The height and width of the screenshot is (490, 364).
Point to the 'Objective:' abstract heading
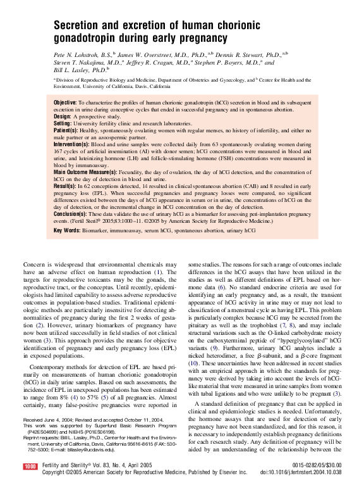[x=65, y=102]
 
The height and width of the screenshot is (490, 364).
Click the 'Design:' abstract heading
[x=62, y=116]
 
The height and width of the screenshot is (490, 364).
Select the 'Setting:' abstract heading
[x=63, y=123]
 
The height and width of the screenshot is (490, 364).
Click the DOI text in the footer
[x=300, y=472]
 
